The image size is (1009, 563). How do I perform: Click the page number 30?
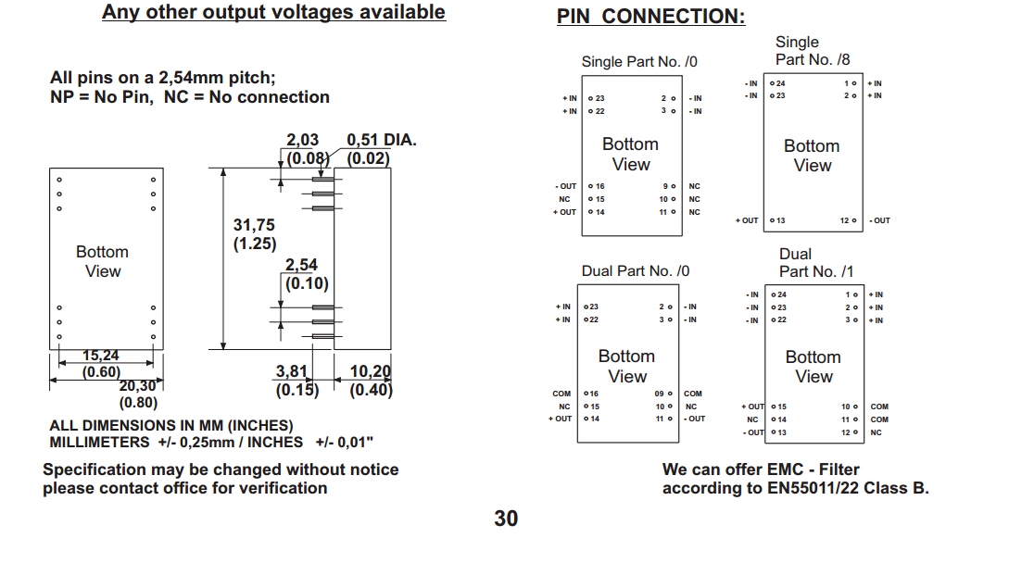tap(506, 519)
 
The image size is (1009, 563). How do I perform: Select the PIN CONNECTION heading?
tap(650, 17)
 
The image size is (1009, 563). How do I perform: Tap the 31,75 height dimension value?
tap(253, 225)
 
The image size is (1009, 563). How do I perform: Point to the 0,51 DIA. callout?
tap(381, 141)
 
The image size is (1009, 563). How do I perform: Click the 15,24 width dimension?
tap(101, 356)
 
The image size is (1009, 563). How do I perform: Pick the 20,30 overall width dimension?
tap(138, 387)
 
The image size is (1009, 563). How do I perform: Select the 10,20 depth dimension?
tap(370, 371)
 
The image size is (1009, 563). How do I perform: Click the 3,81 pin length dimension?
tap(291, 371)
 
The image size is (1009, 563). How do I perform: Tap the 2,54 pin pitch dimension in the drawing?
tap(301, 265)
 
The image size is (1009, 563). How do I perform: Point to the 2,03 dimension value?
tap(302, 141)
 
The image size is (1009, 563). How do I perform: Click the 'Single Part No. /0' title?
tap(639, 62)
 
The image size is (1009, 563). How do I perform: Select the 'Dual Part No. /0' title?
tap(636, 271)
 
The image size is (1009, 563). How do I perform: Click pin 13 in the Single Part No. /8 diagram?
tap(779, 220)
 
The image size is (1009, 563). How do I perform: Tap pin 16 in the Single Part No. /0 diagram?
tap(598, 186)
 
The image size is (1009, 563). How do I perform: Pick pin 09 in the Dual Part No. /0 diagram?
tap(662, 394)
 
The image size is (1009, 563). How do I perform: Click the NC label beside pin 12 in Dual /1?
tap(877, 432)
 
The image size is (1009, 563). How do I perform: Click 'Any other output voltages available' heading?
tap(273, 13)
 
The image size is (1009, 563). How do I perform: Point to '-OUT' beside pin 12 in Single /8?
tap(879, 220)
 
